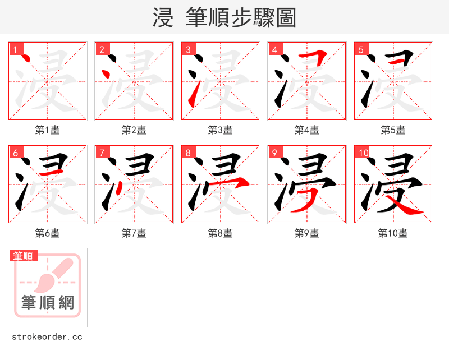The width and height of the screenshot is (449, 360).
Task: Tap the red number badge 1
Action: [x=15, y=49]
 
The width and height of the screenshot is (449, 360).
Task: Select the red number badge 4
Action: [x=274, y=49]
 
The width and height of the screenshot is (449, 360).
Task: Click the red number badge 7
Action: [x=102, y=153]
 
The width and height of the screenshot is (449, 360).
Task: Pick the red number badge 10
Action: [x=363, y=153]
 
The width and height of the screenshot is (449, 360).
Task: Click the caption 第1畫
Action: [x=48, y=130]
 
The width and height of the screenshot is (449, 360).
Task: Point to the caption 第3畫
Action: [x=221, y=130]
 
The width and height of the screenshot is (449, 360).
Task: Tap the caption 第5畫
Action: [x=393, y=130]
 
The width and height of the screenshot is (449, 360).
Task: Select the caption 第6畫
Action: [x=48, y=233]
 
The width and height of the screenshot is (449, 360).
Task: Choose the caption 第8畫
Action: [x=221, y=233]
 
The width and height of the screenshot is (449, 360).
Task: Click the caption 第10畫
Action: [x=393, y=233]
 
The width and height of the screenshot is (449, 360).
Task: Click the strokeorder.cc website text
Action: [x=47, y=337]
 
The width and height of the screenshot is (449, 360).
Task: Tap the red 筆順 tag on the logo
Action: [x=24, y=256]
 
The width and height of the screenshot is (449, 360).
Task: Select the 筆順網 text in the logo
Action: [x=48, y=303]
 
